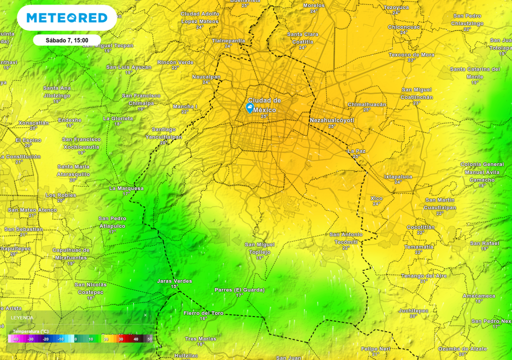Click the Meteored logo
[x=66, y=18]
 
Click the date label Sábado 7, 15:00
[x=67, y=40]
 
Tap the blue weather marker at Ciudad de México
[x=249, y=107]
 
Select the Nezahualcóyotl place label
[x=331, y=120]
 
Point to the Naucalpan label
[x=206, y=77]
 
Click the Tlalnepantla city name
[x=228, y=40]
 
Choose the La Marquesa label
[x=126, y=188]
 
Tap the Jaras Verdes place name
[x=174, y=281]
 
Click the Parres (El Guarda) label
[x=239, y=290]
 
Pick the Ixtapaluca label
[x=398, y=176]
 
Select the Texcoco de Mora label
[x=411, y=54]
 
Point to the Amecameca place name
[x=478, y=295]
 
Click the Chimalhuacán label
[x=367, y=104]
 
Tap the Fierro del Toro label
[x=203, y=313]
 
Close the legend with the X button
[x=145, y=315]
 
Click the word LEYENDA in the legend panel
[x=24, y=317]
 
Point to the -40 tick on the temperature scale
[x=16, y=339]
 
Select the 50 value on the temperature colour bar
[x=149, y=339]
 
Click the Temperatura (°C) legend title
[x=30, y=331]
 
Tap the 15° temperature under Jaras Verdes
[x=174, y=286]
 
